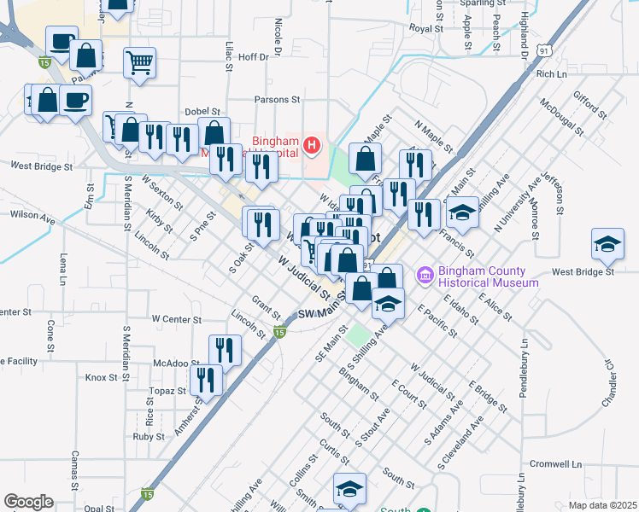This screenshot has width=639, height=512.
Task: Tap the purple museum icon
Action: click(425, 276)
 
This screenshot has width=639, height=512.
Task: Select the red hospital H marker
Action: click(312, 146)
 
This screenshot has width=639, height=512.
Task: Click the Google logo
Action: click(28, 502)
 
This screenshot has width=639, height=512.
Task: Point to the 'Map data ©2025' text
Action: click(601, 505)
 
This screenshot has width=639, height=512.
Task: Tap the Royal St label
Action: click(425, 28)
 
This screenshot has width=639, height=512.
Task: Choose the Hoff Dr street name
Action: click(253, 57)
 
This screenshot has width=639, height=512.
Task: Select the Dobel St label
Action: click(202, 112)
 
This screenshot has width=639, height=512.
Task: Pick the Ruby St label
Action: click(148, 436)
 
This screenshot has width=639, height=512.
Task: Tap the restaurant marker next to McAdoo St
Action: click(225, 349)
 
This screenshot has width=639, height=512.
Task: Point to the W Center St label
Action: click(177, 319)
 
